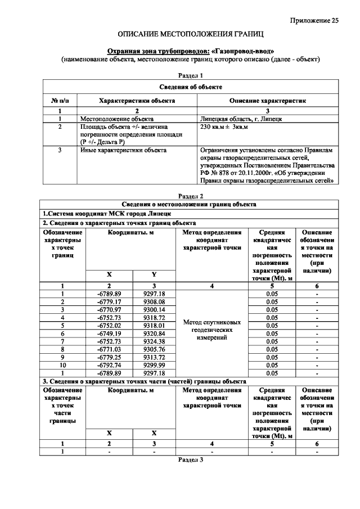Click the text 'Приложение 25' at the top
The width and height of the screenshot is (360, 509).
pos(314,21)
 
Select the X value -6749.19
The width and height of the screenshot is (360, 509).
pos(109,332)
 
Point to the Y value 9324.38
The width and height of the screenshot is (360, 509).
pos(154,340)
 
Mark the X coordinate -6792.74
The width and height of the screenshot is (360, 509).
pos(109,364)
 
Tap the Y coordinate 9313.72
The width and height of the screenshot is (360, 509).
pos(154,356)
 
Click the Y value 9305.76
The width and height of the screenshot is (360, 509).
pos(154,348)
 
